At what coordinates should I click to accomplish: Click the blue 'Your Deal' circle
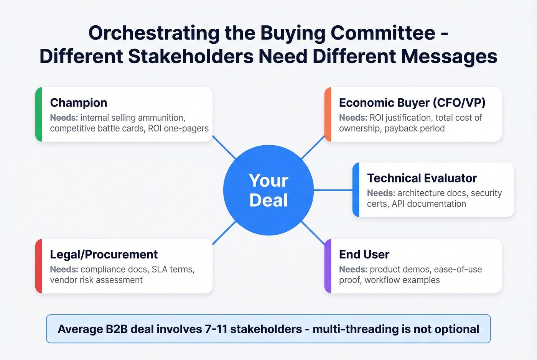coord(268,190)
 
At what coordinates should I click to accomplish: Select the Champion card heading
coord(79,103)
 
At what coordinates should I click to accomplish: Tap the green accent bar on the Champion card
coord(38,114)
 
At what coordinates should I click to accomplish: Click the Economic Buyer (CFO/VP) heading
coord(412,103)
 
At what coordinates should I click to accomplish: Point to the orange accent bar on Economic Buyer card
coord(328,114)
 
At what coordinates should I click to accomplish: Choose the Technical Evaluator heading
coord(422,178)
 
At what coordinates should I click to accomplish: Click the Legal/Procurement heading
coord(104,255)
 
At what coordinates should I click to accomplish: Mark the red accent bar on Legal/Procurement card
coord(38,266)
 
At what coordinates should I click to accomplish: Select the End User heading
coord(364,255)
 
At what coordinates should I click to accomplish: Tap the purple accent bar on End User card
coord(328,266)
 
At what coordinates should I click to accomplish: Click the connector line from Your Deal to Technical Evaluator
coord(333,190)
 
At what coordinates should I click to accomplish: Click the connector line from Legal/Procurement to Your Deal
coord(224,233)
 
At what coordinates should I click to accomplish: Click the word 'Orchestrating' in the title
coord(154,33)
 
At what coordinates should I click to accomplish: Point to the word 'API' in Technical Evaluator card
coord(398,204)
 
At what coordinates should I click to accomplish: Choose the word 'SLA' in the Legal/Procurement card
coord(160,270)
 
